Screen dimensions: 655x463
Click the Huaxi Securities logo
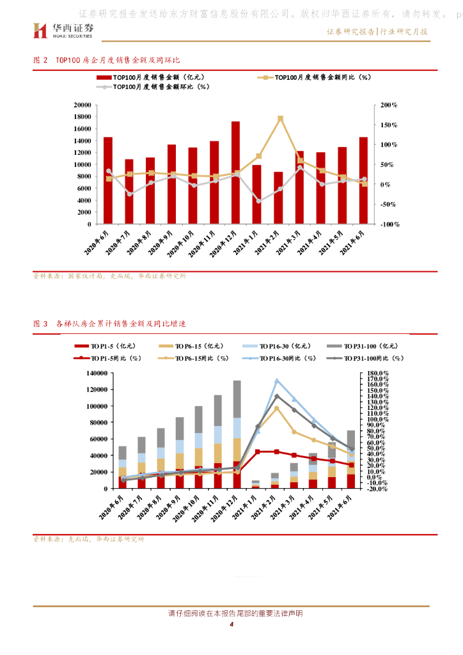[x=63, y=29]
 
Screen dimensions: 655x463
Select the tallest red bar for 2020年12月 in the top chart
[x=235, y=173]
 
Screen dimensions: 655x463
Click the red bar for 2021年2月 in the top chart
[x=278, y=198]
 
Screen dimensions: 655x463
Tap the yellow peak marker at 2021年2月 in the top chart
[x=280, y=118]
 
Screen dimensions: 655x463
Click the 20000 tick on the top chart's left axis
[x=81, y=104]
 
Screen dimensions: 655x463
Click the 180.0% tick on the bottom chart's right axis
[x=388, y=373]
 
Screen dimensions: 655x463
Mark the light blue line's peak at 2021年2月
[x=277, y=381]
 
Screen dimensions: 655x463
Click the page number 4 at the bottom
[x=231, y=625]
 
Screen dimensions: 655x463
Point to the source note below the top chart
[x=109, y=276]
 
